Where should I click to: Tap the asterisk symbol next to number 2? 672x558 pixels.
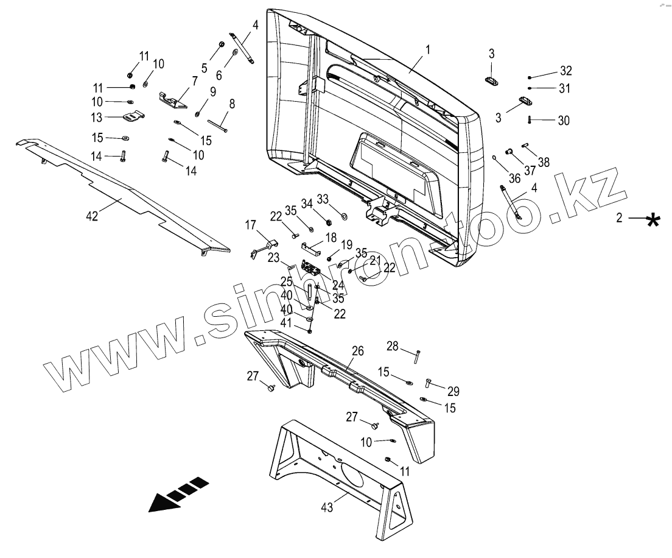click(653, 219)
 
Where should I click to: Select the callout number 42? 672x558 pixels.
click(92, 216)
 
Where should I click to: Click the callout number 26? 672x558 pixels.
click(358, 351)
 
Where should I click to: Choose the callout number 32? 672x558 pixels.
click(566, 71)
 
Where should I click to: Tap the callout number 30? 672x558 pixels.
click(564, 121)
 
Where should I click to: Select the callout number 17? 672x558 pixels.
click(251, 225)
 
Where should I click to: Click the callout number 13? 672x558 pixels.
click(97, 117)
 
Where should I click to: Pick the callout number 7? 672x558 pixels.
click(195, 81)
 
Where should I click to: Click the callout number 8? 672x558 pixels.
click(232, 104)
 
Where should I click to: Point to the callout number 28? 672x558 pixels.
click(393, 347)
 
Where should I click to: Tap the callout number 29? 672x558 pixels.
click(453, 391)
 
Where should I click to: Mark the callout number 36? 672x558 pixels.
click(514, 178)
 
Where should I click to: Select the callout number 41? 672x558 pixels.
click(285, 322)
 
